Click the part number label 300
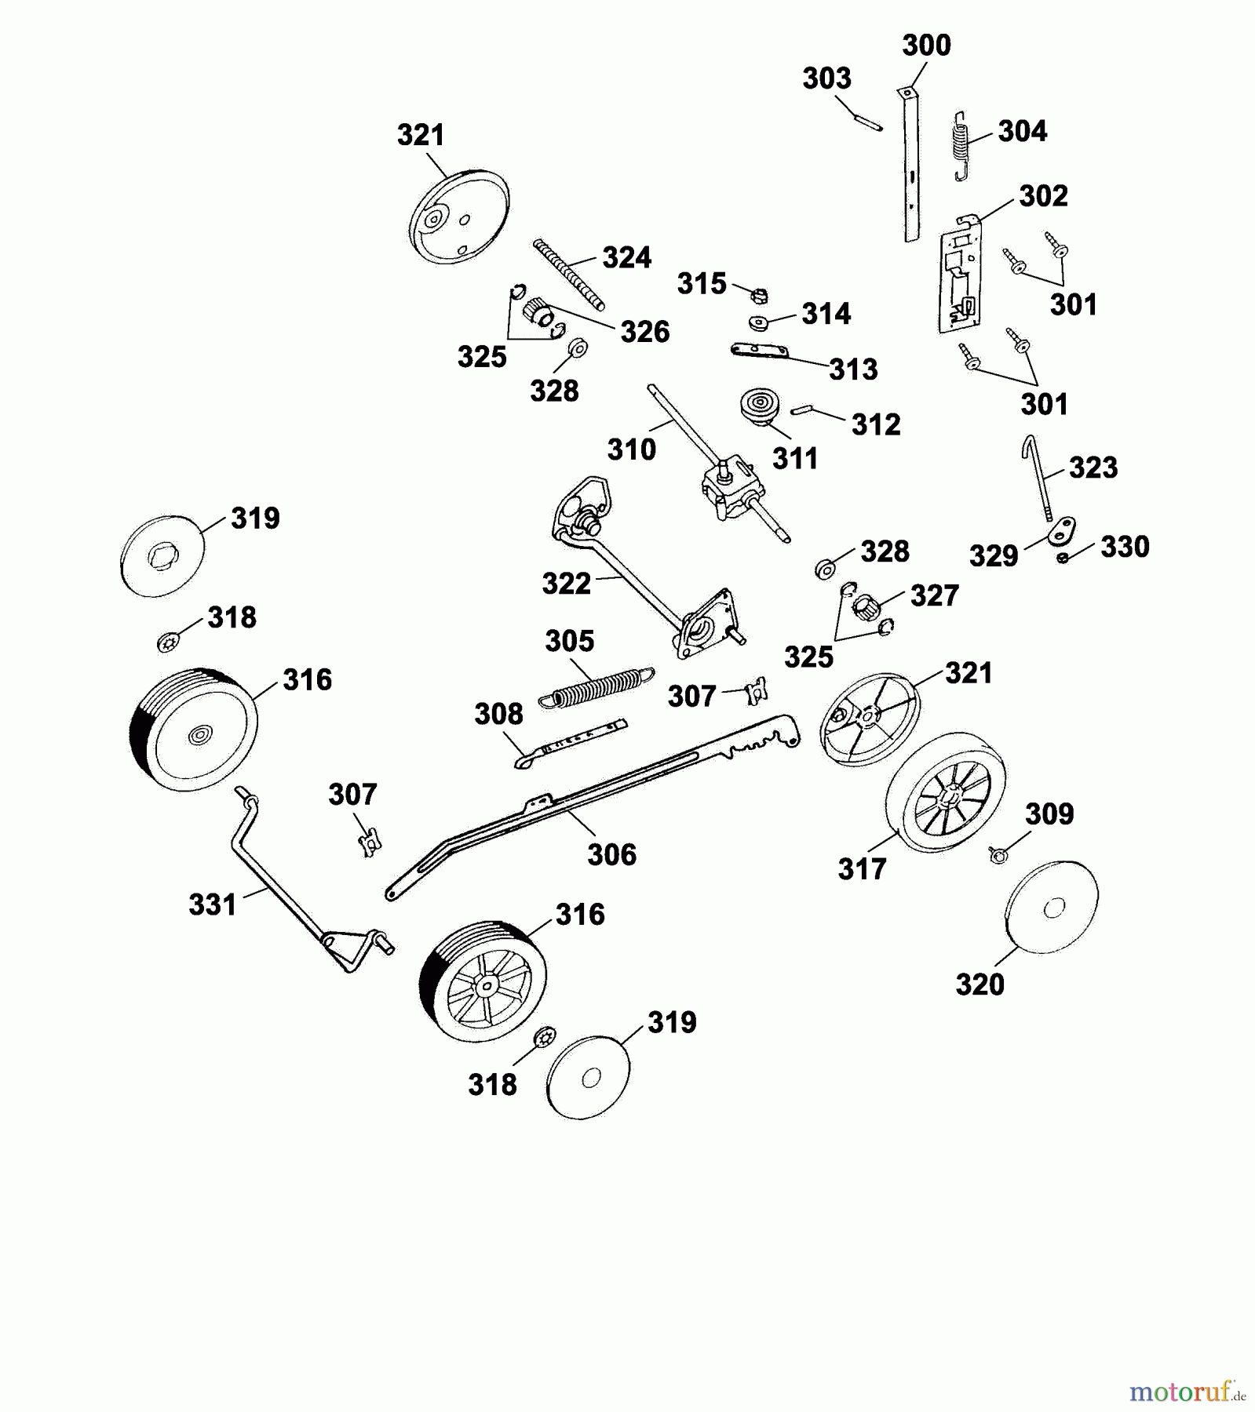click(926, 45)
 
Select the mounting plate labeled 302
click(960, 282)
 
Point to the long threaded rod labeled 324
click(569, 275)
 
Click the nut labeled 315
click(759, 296)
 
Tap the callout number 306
click(611, 854)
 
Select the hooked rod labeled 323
click(1040, 478)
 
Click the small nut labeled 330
click(1063, 558)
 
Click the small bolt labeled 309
click(999, 855)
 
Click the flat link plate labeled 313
click(759, 351)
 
